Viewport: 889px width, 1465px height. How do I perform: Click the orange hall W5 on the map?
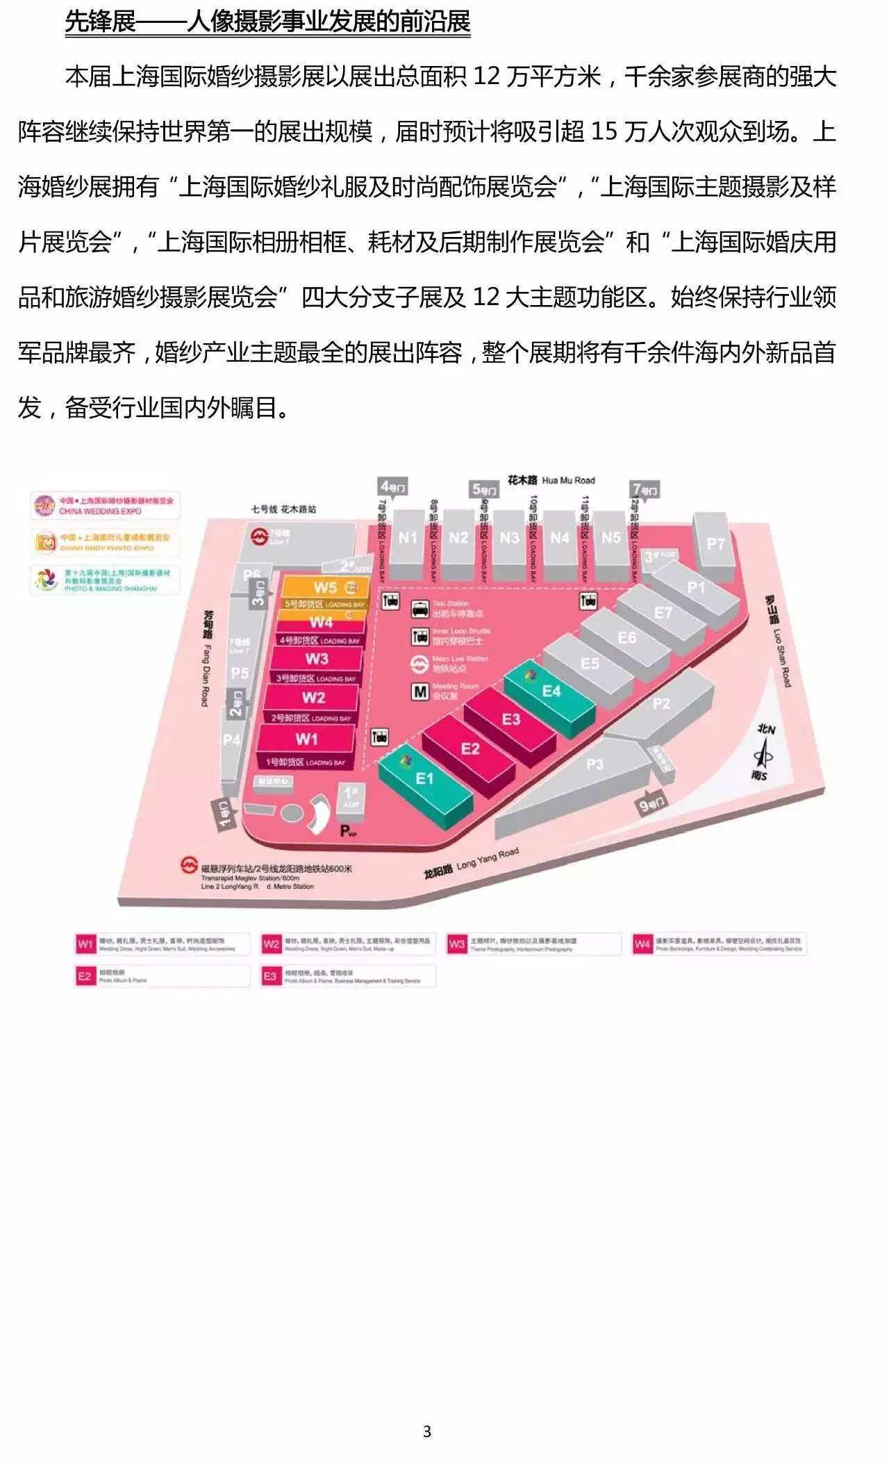point(324,587)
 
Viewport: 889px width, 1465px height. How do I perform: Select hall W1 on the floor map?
point(306,739)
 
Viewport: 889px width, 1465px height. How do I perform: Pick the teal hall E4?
point(550,691)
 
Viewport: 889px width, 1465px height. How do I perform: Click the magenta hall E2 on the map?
point(470,749)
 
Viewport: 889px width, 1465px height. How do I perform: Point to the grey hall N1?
point(408,538)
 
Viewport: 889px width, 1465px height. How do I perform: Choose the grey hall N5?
point(610,538)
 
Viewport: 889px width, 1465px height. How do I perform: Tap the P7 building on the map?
point(715,543)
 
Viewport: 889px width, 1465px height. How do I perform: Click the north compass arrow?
point(765,752)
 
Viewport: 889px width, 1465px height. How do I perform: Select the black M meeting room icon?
point(420,691)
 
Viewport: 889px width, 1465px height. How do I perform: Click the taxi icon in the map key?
point(420,609)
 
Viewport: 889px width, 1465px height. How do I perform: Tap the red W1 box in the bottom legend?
point(85,944)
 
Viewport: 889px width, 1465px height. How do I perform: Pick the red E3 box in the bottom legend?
point(270,976)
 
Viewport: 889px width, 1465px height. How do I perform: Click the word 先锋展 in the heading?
point(100,22)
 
